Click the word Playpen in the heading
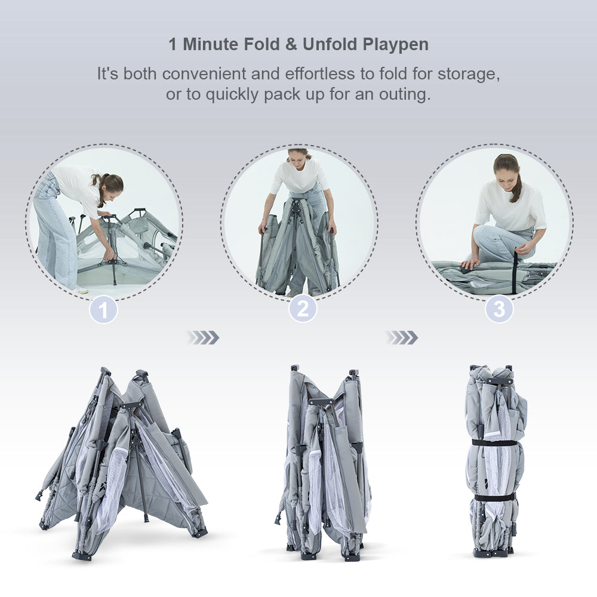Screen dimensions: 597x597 [x=396, y=45]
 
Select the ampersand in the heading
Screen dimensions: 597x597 [x=291, y=44]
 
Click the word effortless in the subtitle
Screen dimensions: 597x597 [x=320, y=73]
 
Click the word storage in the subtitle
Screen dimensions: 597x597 [x=469, y=74]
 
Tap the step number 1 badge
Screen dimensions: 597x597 [x=103, y=310]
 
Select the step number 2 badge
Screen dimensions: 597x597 [x=303, y=309]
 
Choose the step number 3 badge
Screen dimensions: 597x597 [x=498, y=309]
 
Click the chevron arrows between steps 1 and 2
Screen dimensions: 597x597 [x=203, y=338]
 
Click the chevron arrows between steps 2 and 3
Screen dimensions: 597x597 [x=402, y=338]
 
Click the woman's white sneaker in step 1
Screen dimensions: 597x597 [x=81, y=291]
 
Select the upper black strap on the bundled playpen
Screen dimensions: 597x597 [x=494, y=443]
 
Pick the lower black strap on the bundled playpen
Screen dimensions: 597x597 [x=494, y=497]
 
